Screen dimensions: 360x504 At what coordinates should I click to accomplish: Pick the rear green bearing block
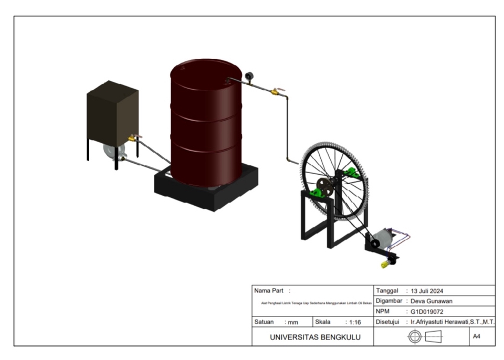pyautogui.click(x=351, y=173)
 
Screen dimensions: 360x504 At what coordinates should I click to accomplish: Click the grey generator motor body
pyautogui.click(x=388, y=239)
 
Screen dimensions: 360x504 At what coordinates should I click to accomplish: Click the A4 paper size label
pyautogui.click(x=476, y=336)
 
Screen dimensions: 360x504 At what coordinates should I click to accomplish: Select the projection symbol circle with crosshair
pyautogui.click(x=415, y=337)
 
